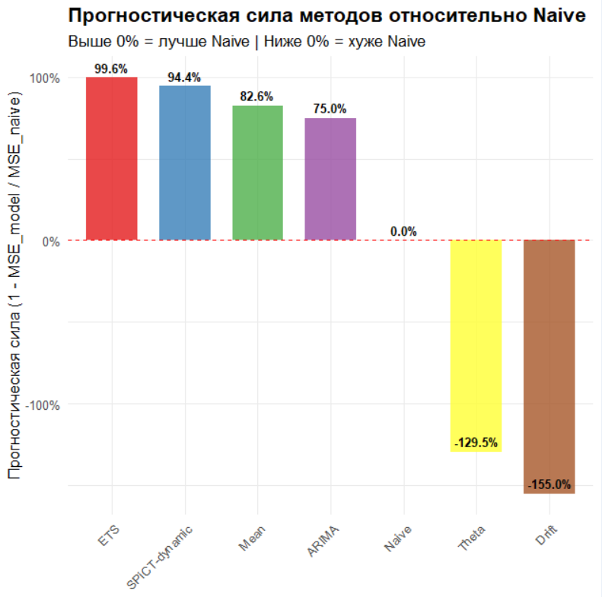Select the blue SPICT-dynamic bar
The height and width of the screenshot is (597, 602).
pyautogui.click(x=184, y=163)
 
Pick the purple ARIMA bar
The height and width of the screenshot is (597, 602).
pyautogui.click(x=330, y=179)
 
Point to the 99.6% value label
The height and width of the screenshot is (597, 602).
pyautogui.click(x=111, y=68)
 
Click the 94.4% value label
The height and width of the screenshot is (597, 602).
pyautogui.click(x=184, y=78)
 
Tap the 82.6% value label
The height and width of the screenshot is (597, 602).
pyautogui.click(x=257, y=97)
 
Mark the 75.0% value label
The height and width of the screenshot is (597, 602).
pyautogui.click(x=330, y=110)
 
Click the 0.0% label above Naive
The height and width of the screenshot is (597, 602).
pyautogui.click(x=403, y=232)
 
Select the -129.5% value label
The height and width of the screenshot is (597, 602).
pyautogui.click(x=476, y=443)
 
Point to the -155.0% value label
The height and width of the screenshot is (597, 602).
pyautogui.click(x=549, y=484)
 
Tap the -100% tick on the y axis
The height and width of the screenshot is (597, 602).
pyautogui.click(x=42, y=405)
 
